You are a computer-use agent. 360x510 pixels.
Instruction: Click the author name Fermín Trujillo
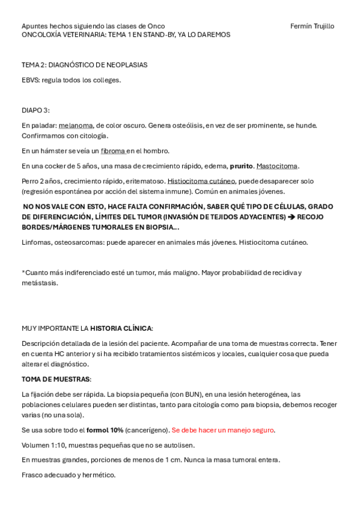click(x=312, y=26)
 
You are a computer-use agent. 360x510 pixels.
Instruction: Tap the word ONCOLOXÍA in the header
click(x=41, y=35)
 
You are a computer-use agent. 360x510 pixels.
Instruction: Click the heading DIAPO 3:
click(x=35, y=110)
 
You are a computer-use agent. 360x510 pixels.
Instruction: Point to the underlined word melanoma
click(x=76, y=125)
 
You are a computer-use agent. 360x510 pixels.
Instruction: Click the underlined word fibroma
click(x=113, y=151)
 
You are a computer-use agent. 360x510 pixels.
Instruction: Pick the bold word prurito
click(x=241, y=166)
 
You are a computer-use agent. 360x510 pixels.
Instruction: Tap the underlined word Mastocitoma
click(x=277, y=166)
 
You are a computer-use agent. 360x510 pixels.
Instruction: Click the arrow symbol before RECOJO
click(x=291, y=217)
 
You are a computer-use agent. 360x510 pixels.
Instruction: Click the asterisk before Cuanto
click(x=23, y=272)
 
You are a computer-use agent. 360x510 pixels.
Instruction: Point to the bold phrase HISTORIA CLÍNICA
click(x=120, y=328)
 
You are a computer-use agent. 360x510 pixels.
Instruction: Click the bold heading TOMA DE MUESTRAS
click(x=56, y=379)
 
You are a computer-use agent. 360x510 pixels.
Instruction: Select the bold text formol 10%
click(x=105, y=430)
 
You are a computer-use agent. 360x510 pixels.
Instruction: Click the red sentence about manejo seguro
click(x=223, y=430)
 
